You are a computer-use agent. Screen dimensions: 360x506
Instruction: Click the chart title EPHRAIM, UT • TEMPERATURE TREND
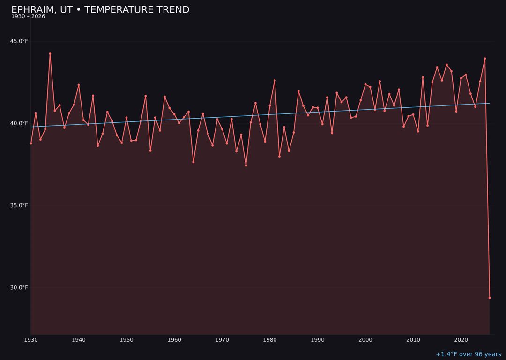pyautogui.click(x=100, y=10)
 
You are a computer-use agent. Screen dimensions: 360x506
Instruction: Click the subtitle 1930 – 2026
pyautogui.click(x=28, y=17)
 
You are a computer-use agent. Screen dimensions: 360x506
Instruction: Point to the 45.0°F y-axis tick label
pyautogui.click(x=19, y=41)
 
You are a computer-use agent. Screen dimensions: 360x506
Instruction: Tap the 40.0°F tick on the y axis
pyautogui.click(x=19, y=123)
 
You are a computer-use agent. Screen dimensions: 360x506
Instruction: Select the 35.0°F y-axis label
pyautogui.click(x=19, y=205)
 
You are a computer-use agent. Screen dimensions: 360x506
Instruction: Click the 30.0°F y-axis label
pyautogui.click(x=19, y=287)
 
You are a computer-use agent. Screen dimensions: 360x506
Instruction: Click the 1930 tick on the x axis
pyautogui.click(x=31, y=340)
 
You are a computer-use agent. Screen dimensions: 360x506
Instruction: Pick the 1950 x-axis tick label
pyautogui.click(x=126, y=340)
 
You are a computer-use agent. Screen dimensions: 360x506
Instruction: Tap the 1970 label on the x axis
pyautogui.click(x=222, y=340)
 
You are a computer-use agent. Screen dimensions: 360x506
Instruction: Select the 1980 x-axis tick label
pyautogui.click(x=270, y=340)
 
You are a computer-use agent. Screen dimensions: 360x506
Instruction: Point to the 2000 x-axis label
pyautogui.click(x=365, y=340)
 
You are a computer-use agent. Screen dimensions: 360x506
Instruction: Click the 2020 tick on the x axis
pyautogui.click(x=461, y=340)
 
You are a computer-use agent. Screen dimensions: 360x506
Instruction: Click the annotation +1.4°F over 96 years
pyautogui.click(x=468, y=354)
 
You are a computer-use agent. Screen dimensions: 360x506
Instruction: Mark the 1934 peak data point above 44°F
pyautogui.click(x=50, y=54)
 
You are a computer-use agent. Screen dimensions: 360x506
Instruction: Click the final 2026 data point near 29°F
pyautogui.click(x=490, y=298)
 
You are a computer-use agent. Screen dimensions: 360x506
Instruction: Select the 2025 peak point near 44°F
pyautogui.click(x=485, y=59)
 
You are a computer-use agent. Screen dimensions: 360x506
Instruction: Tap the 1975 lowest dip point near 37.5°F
pyautogui.click(x=246, y=165)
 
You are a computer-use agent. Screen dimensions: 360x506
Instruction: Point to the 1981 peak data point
pyautogui.click(x=275, y=81)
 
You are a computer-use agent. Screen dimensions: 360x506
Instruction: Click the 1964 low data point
pyautogui.click(x=193, y=162)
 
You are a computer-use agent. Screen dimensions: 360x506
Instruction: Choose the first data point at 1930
pyautogui.click(x=31, y=143)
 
